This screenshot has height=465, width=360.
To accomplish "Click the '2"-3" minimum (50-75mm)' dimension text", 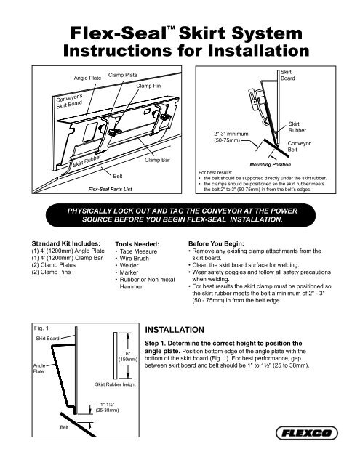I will coord(231,138).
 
